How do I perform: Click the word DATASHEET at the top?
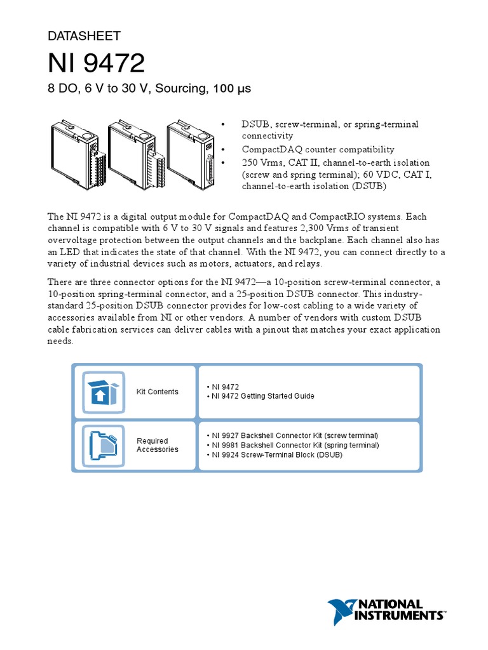coord(84,36)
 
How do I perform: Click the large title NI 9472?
coord(97,63)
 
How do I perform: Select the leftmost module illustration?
coord(75,156)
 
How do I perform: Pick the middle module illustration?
coord(132,156)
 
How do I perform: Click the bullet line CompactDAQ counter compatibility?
coord(318,149)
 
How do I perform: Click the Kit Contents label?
coord(158,392)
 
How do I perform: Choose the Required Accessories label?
coord(153,445)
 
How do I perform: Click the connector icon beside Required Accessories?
coord(101,445)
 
